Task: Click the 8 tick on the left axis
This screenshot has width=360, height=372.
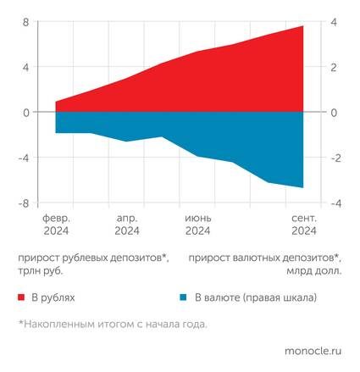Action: [x=26, y=21]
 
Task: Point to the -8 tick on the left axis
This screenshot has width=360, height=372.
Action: [x=25, y=203]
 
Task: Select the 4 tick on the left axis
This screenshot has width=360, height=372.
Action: [x=26, y=67]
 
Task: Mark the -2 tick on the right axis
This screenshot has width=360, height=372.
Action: [x=333, y=158]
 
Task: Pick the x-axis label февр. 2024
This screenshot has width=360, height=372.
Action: [x=56, y=224]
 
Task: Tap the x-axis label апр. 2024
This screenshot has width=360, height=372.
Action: [x=127, y=224]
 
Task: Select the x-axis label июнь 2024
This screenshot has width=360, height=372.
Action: [x=198, y=224]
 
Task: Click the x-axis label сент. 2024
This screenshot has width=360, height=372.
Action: [x=303, y=224]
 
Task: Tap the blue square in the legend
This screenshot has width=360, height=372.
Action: [x=183, y=297]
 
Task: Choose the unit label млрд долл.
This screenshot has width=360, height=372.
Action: [x=315, y=271]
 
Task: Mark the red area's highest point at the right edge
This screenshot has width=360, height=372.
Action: [x=303, y=26]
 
